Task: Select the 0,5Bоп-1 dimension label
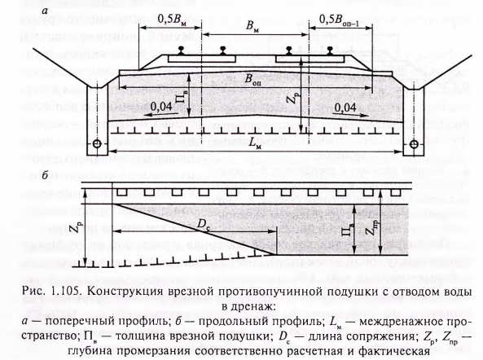tap(339, 20)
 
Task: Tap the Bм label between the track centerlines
tap(252, 27)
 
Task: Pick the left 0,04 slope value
tap(161, 107)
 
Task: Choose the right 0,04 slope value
tap(345, 108)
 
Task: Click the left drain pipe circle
tap(97, 144)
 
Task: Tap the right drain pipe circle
tap(414, 144)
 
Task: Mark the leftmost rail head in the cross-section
tap(181, 50)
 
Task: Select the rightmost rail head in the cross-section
tap(330, 50)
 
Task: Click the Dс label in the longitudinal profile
tap(202, 224)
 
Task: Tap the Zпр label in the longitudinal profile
tap(374, 228)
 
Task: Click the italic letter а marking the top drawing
tap(46, 11)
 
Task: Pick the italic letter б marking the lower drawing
tap(45, 175)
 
